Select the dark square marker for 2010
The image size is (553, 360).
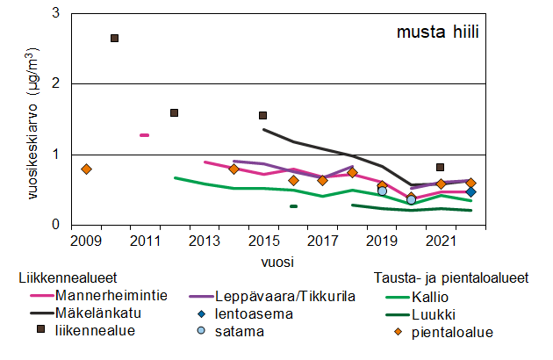tap(114, 38)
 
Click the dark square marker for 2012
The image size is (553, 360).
tap(174, 112)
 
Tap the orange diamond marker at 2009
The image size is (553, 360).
tap(85, 169)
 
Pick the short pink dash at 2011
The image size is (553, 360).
tap(144, 135)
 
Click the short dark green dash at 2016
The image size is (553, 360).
tap(293, 206)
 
